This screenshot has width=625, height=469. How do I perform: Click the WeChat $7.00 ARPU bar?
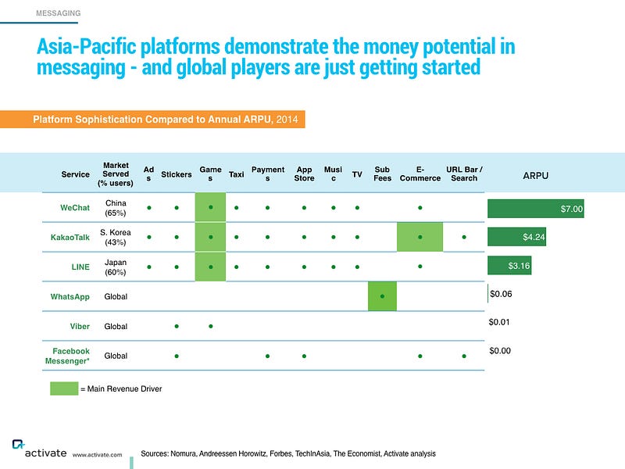coord(536,209)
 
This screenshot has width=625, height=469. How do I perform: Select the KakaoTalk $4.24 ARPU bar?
coord(516,237)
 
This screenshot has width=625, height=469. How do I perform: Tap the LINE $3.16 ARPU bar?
coord(509,266)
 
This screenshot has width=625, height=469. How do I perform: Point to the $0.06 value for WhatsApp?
coord(501,294)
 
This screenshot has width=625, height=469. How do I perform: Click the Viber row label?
coord(80,326)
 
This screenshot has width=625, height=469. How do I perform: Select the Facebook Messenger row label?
coord(67,356)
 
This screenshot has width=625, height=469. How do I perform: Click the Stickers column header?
coord(177,174)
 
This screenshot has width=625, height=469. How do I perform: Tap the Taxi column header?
coord(237,174)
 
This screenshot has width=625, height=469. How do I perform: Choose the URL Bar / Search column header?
coord(464,174)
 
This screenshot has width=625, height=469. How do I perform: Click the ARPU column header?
coord(535,175)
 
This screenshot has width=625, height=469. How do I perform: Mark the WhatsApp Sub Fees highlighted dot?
coord(382,296)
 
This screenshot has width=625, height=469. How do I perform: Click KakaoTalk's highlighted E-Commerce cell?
coord(420,237)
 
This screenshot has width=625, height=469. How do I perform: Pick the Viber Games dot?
coord(210,326)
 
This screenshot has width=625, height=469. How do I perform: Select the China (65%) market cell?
coord(116,208)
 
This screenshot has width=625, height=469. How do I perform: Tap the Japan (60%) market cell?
coord(116,267)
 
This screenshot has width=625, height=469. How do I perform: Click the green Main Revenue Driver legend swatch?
coord(64,388)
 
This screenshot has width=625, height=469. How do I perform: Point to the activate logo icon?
coord(18,444)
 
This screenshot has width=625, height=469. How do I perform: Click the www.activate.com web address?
coord(97,455)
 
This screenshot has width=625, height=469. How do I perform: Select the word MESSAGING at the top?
coord(58,13)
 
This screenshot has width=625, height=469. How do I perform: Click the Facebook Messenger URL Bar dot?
coord(464,356)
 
